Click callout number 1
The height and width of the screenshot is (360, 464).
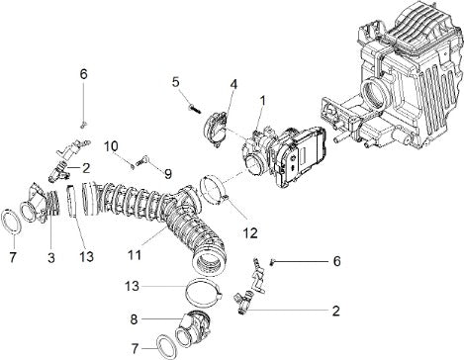pos(263,101)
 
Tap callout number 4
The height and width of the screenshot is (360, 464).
pos(233,84)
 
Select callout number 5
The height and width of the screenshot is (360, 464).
pos(176,82)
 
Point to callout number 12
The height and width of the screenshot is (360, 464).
pos(250,232)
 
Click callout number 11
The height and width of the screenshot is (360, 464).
pos(136,255)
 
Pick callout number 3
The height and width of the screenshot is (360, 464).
pos(51,257)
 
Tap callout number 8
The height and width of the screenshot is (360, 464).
pos(134,319)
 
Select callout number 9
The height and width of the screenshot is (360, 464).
pos(168,174)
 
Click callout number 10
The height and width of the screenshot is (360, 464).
pos(111,146)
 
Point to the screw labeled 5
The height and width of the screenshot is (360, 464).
pos(195,109)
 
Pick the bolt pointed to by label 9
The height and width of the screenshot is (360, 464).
pos(141,161)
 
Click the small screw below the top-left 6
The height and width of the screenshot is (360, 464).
pos(83,125)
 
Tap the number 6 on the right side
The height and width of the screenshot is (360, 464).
pos(336,261)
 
